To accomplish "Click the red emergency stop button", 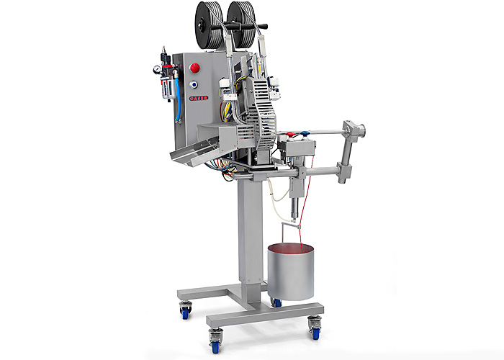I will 194,68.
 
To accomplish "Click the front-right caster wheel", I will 315,327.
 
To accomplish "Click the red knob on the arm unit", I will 289,134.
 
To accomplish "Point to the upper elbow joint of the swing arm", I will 355,131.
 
